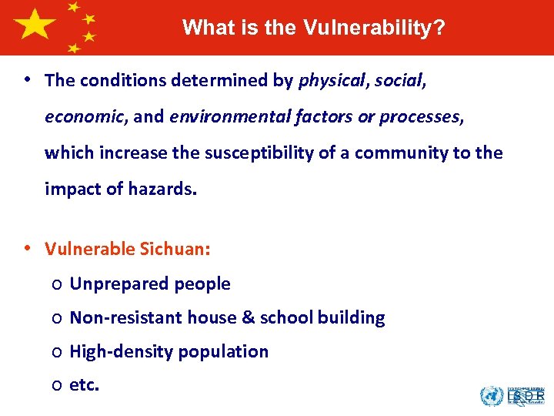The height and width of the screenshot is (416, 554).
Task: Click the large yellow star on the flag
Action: [35, 25]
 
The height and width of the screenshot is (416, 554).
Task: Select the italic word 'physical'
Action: [329, 80]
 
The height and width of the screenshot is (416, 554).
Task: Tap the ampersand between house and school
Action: [249, 317]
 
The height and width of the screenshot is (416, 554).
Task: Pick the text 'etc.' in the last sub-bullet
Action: [85, 385]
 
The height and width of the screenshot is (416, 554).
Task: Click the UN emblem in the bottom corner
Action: [491, 396]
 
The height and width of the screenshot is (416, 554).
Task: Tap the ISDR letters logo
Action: [528, 396]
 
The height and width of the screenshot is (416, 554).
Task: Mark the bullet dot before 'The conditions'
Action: [27, 80]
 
